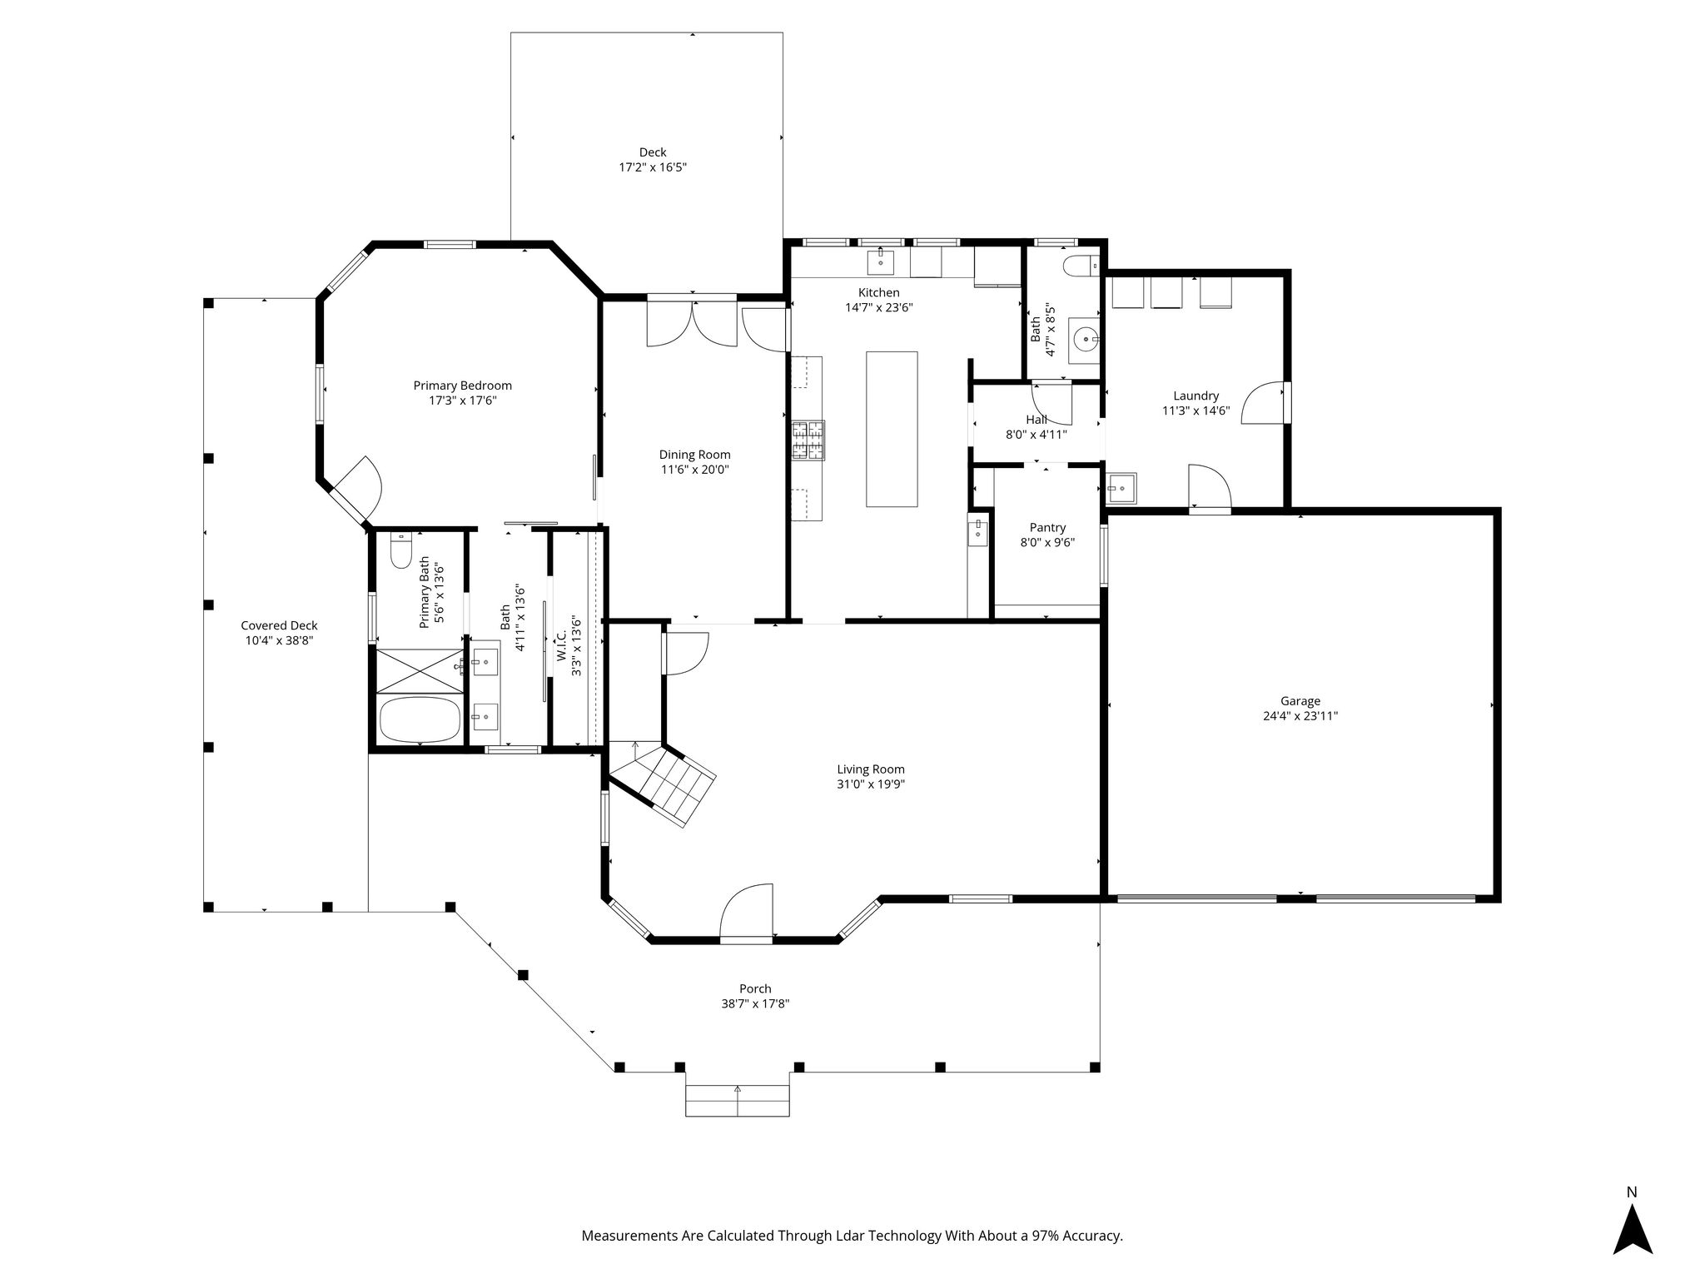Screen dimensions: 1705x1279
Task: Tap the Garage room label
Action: tap(1300, 701)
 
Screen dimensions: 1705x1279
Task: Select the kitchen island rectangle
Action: tap(892, 429)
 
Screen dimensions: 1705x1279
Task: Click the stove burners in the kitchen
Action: tap(808, 440)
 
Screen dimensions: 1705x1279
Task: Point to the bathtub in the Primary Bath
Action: tap(420, 719)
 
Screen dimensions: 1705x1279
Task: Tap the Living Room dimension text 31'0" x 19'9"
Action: tap(871, 784)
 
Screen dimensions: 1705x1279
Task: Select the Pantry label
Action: tap(1047, 527)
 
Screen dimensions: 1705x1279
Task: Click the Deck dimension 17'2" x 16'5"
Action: tap(653, 167)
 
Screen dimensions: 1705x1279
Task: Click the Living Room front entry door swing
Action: tap(747, 913)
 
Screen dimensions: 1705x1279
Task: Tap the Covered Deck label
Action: tap(279, 625)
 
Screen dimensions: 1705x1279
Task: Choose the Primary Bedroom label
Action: tap(463, 386)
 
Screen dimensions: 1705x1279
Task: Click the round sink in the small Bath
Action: tap(1086, 340)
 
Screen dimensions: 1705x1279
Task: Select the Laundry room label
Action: tap(1196, 396)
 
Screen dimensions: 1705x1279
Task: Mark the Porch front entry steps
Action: tap(737, 1099)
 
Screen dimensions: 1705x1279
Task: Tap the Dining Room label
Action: tap(695, 455)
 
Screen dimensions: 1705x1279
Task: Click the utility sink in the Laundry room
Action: tap(1121, 489)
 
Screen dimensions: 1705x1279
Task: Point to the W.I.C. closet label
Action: tap(562, 645)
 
